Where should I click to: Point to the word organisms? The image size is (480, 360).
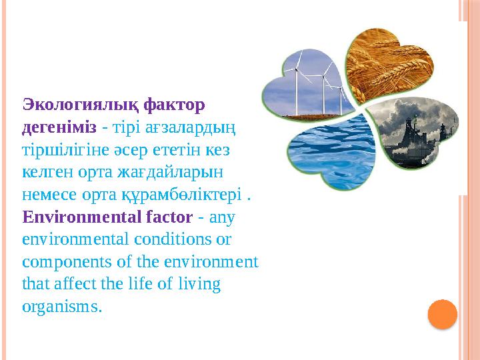click(61, 307)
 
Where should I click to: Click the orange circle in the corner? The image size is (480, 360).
click(442, 314)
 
